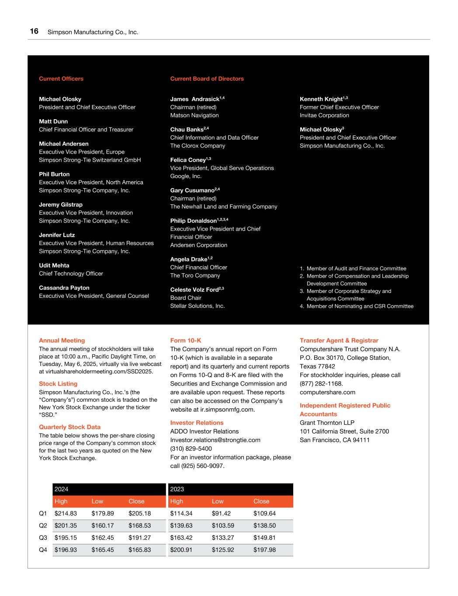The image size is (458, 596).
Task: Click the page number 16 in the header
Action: tap(34, 31)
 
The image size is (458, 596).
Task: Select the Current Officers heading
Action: tap(61, 79)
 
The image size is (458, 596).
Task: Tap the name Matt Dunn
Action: tap(53, 121)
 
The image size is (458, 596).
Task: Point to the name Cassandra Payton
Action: tap(64, 288)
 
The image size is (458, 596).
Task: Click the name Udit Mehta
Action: tap(54, 265)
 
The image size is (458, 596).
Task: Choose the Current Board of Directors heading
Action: tap(207, 79)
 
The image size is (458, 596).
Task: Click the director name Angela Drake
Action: tap(188, 259)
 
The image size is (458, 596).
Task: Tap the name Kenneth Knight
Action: tap(321, 99)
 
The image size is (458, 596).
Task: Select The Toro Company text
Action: tap(195, 276)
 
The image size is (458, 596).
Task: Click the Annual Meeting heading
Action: tap(62, 341)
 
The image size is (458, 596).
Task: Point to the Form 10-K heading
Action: tap(185, 341)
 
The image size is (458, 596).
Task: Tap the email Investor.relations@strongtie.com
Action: tap(215, 440)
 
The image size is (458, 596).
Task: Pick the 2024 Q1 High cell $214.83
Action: tap(66, 513)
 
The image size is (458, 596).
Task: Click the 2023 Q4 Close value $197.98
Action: tap(264, 550)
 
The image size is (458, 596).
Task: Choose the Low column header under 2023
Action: tap(218, 501)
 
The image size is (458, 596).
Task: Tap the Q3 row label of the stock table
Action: tap(43, 538)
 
